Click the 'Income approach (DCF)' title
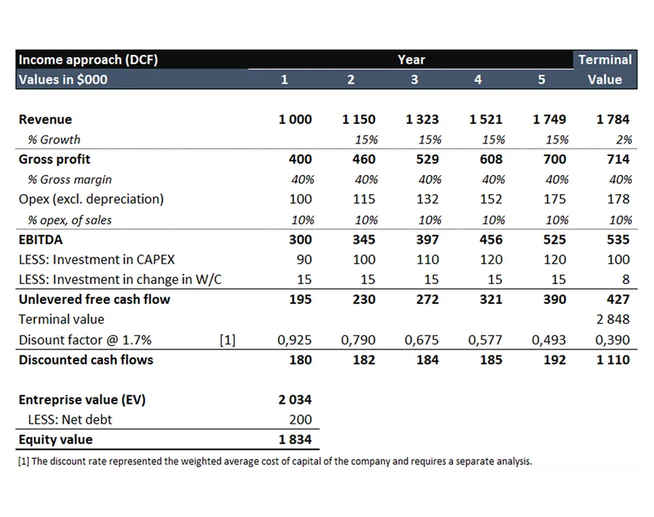88,60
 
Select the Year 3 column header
414,80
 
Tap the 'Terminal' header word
605,60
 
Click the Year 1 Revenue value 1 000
295,120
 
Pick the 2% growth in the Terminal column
623,140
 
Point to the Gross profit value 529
427,159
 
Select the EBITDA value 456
491,240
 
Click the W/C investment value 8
626,279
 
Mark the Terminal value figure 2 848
613,319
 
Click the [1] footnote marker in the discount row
228,340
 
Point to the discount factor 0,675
423,340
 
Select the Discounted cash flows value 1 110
613,360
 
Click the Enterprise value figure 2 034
295,400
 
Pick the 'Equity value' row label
55,439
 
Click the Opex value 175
555,200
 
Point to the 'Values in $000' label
63,80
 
